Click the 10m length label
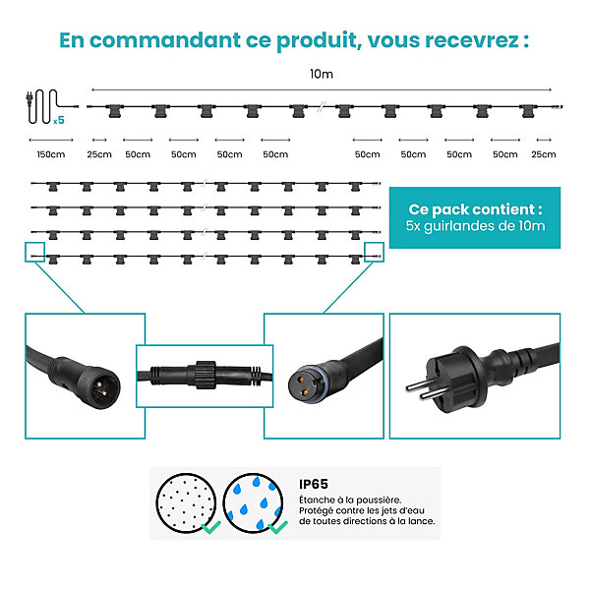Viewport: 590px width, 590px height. (x=322, y=74)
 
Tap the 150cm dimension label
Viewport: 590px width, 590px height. (x=51, y=154)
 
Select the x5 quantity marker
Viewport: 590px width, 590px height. (x=59, y=120)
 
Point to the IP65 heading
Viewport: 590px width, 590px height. (x=314, y=484)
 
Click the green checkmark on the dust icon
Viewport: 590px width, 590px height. (x=211, y=527)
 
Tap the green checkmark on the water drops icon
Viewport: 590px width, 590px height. (x=277, y=527)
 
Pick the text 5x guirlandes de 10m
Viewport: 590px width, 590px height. (x=475, y=226)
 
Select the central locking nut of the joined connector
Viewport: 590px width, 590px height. (x=206, y=375)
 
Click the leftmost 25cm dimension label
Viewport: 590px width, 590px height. (x=99, y=154)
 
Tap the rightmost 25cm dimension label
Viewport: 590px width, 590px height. (x=544, y=154)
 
